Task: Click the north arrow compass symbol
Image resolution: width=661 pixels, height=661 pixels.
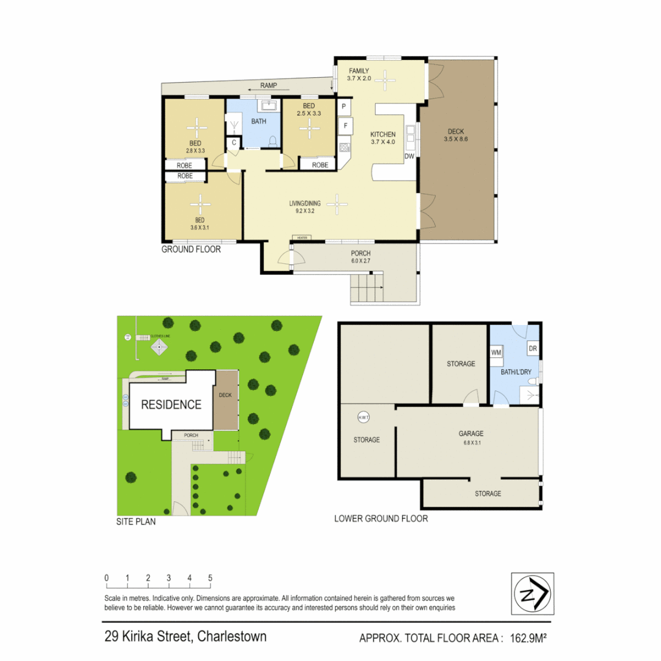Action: point(532,594)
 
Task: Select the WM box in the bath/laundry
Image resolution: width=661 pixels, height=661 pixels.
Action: point(496,353)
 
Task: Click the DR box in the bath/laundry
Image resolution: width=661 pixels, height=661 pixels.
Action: point(532,348)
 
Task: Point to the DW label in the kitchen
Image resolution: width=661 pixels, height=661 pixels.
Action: point(409,157)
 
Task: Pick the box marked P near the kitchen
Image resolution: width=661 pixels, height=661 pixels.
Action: point(345,108)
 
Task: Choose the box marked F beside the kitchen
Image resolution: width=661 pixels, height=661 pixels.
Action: point(346,127)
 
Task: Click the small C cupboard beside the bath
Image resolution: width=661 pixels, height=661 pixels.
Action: point(234,143)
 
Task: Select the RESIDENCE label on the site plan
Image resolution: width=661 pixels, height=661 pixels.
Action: point(171,405)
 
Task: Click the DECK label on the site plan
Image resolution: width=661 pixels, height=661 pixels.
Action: point(225,395)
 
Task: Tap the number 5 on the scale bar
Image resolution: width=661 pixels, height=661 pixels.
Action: point(210,578)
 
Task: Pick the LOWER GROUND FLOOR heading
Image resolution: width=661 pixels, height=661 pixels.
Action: point(381,518)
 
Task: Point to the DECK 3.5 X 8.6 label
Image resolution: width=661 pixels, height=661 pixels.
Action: point(455,135)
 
